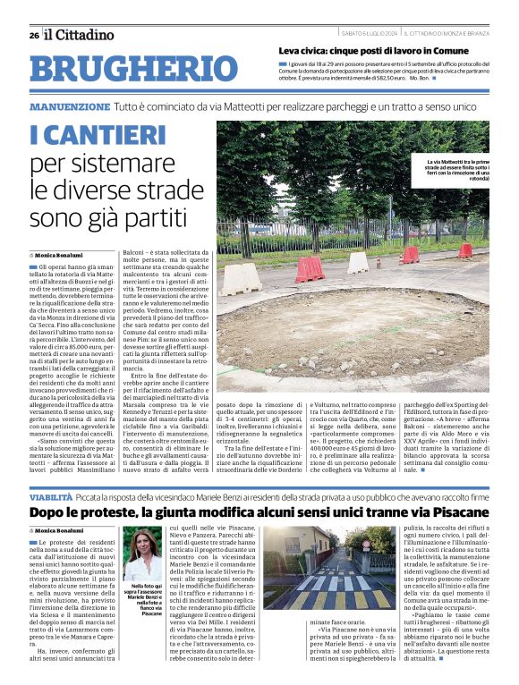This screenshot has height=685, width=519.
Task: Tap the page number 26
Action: tap(33, 36)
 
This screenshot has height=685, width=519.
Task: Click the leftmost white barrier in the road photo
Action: tap(240, 279)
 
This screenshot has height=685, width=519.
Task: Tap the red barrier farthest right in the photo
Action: tap(464, 250)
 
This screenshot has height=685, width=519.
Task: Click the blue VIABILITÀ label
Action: tap(50, 495)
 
